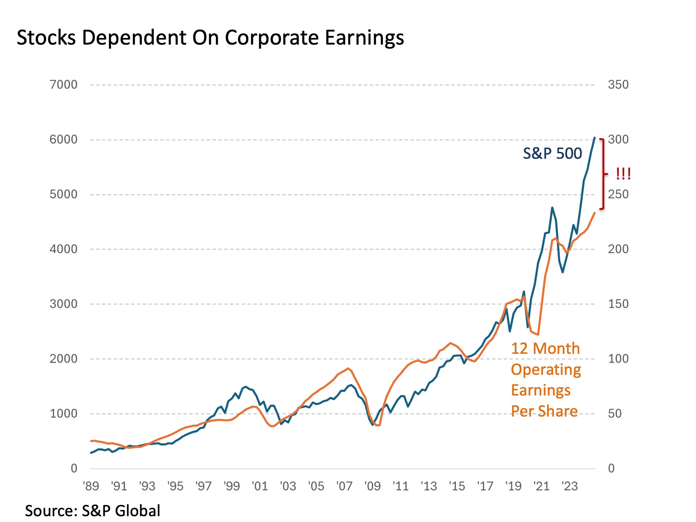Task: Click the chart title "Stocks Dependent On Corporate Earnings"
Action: click(x=210, y=38)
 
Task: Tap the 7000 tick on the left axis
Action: click(x=63, y=85)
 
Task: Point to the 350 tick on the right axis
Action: click(x=618, y=85)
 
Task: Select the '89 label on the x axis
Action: click(x=91, y=486)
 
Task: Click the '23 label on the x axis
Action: click(x=569, y=486)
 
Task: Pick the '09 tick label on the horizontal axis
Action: click(x=373, y=486)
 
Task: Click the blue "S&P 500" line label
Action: click(x=552, y=153)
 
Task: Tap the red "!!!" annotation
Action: click(x=623, y=174)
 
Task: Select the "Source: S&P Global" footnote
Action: click(x=92, y=511)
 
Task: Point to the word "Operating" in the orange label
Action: click(x=546, y=370)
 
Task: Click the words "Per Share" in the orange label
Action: click(x=544, y=411)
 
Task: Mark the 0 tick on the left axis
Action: click(x=74, y=468)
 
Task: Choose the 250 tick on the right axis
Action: click(x=618, y=195)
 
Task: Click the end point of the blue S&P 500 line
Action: click(x=594, y=138)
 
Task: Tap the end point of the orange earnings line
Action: click(x=594, y=213)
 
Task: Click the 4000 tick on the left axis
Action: click(x=63, y=249)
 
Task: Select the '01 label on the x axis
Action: click(x=260, y=486)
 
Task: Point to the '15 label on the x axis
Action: click(x=457, y=486)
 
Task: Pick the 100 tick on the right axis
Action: click(x=618, y=359)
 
